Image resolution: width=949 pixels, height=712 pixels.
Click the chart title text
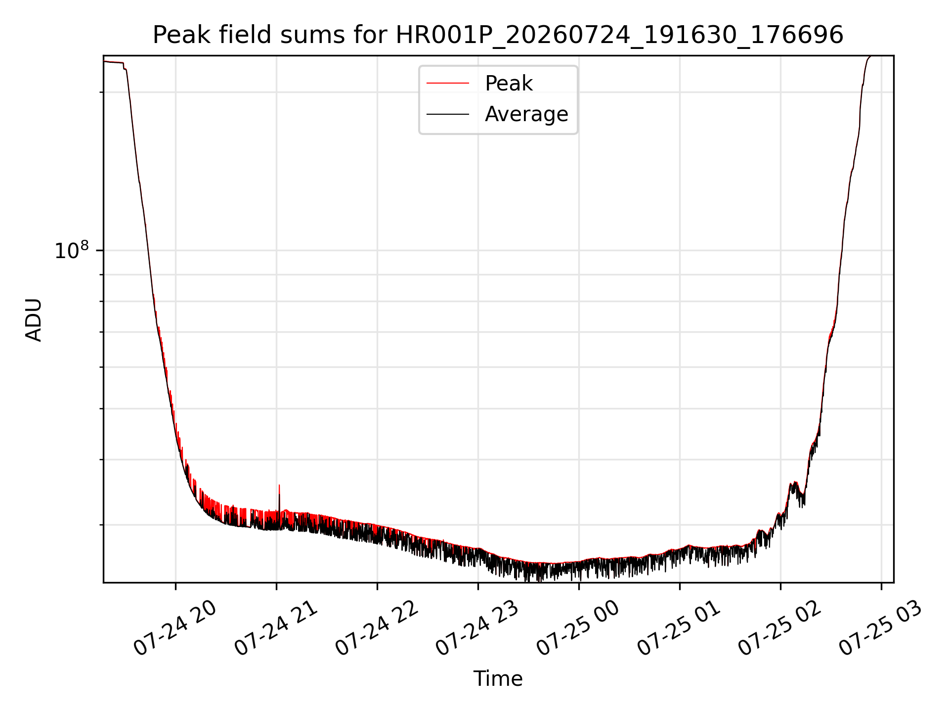click(x=498, y=35)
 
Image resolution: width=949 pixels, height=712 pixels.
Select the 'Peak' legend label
click(x=509, y=84)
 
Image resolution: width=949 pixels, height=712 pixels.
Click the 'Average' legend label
click(x=526, y=114)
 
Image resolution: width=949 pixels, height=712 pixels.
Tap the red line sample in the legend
click(x=448, y=84)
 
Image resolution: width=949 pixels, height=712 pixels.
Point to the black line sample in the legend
click(x=448, y=114)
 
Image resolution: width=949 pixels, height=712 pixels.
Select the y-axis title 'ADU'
click(x=34, y=319)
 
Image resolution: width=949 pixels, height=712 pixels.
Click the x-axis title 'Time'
click(x=498, y=679)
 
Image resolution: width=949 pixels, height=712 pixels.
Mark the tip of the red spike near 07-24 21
click(x=279, y=485)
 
